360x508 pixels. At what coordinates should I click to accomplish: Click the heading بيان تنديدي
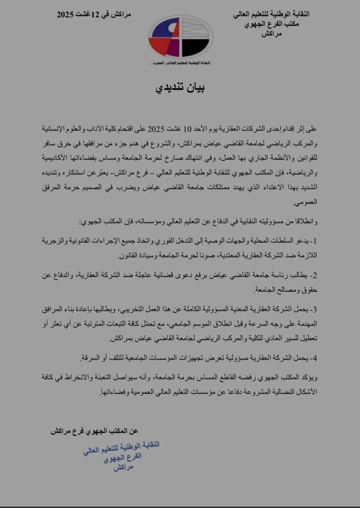pyautogui.click(x=180, y=88)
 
